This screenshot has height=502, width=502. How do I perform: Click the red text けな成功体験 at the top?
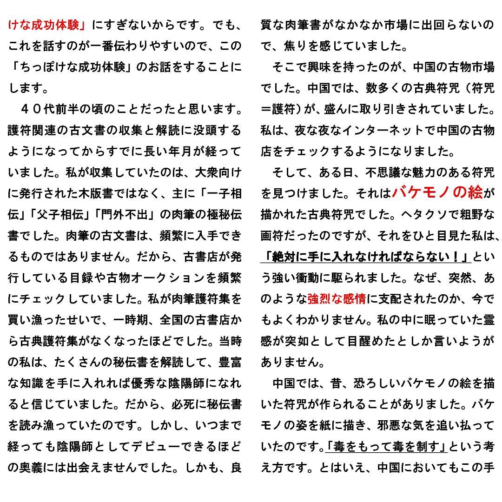point(46,25)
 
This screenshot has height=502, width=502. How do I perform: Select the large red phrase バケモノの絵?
point(437,193)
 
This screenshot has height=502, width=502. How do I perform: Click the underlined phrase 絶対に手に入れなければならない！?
point(366,257)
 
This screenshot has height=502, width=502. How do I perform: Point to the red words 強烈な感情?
point(337,299)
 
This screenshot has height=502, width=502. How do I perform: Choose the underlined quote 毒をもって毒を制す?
point(386,447)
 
